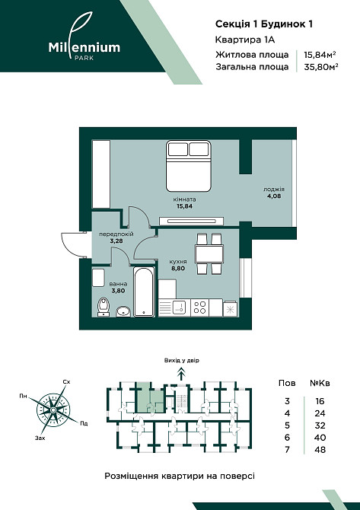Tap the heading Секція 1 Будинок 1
coord(264,24)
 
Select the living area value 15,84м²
coord(320,55)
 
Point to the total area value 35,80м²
coord(320,67)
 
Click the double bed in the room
coord(188,166)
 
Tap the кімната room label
coord(185,199)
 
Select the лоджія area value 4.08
coord(274,196)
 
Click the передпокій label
coord(116,234)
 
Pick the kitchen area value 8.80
coord(178,269)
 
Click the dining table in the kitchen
coord(209,254)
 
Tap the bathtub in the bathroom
coord(144,292)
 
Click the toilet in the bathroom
coord(104,307)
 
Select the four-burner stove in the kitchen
coord(199,307)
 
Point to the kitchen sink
coord(179,307)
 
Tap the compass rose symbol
coord(53,410)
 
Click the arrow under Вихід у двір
coord(180,373)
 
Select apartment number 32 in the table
coord(320,426)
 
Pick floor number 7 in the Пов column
coord(287,450)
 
